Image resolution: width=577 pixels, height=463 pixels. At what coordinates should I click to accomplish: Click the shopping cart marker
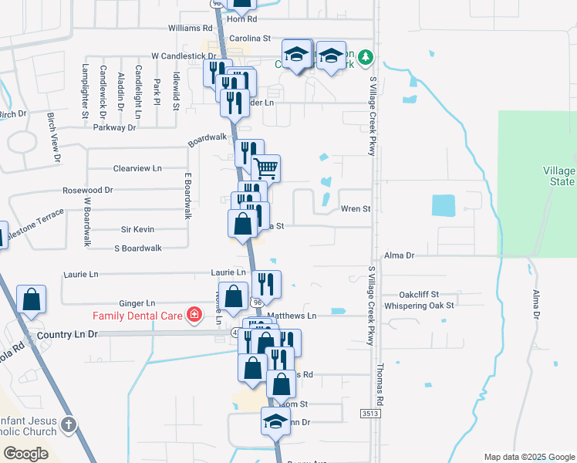pyautogui.click(x=265, y=167)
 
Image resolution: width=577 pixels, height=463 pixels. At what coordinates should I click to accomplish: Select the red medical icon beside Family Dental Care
pyautogui.click(x=194, y=315)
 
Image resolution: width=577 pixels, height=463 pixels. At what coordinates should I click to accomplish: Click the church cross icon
pyautogui.click(x=69, y=424)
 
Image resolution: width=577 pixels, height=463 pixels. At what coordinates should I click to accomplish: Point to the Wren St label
pyautogui.click(x=356, y=209)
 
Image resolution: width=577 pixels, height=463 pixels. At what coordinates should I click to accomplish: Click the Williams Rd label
pyautogui.click(x=191, y=28)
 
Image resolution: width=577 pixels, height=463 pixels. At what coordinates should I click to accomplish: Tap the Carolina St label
pyautogui.click(x=250, y=37)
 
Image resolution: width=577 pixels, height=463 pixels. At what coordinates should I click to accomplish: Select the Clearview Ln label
pyautogui.click(x=138, y=167)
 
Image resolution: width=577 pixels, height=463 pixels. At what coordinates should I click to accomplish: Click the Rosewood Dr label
pyautogui.click(x=88, y=189)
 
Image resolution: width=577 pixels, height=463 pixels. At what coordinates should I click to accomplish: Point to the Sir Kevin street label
pyautogui.click(x=138, y=229)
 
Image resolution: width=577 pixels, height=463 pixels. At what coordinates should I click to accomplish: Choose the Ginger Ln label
pyautogui.click(x=137, y=303)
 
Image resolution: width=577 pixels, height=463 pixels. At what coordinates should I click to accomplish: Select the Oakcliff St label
pyautogui.click(x=419, y=294)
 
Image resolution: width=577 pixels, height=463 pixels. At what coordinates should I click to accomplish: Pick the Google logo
pyautogui.click(x=25, y=454)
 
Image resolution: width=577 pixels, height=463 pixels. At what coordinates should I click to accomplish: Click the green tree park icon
pyautogui.click(x=367, y=56)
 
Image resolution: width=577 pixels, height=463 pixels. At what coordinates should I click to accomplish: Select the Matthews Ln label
pyautogui.click(x=292, y=316)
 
